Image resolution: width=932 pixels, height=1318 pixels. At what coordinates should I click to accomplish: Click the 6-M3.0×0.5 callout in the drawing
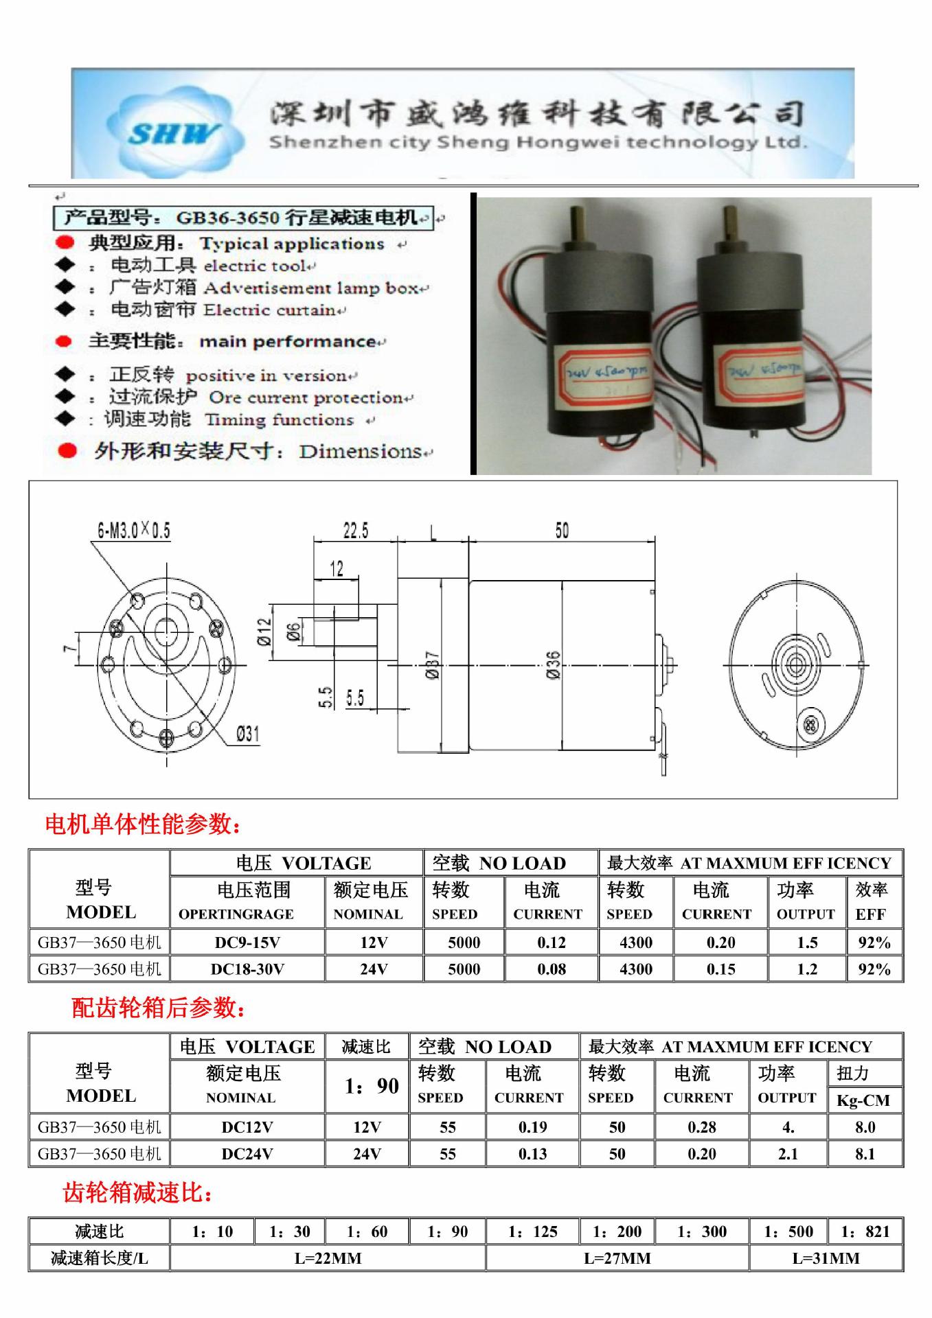click(x=133, y=531)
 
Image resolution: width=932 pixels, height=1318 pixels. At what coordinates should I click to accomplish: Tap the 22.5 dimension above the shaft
click(x=355, y=531)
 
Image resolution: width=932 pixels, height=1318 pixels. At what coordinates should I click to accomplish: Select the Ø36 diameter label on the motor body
click(x=554, y=665)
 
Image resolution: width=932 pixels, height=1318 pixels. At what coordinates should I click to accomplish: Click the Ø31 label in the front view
click(x=247, y=734)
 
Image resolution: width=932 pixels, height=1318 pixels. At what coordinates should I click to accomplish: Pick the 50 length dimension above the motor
click(x=562, y=531)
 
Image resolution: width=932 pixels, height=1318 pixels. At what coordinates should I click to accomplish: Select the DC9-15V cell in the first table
click(x=247, y=943)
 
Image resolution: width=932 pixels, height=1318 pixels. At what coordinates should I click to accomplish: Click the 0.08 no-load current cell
click(x=552, y=969)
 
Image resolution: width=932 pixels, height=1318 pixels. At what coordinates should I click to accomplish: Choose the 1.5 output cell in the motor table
click(x=807, y=943)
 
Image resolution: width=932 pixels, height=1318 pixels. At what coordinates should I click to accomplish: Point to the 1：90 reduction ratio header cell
click(x=372, y=1086)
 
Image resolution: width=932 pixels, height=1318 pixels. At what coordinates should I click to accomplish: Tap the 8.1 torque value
click(x=865, y=1154)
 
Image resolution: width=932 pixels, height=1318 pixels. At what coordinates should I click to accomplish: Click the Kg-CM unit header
click(x=863, y=1100)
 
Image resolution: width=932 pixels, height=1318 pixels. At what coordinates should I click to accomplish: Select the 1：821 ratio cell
click(x=865, y=1232)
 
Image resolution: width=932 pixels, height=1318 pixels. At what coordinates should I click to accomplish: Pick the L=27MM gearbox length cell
click(x=617, y=1258)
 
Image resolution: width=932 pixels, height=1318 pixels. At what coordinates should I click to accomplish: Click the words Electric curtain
click(x=269, y=310)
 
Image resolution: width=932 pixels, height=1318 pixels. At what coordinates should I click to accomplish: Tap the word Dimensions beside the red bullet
click(x=360, y=452)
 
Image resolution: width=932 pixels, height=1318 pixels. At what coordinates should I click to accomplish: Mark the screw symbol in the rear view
click(x=810, y=724)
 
